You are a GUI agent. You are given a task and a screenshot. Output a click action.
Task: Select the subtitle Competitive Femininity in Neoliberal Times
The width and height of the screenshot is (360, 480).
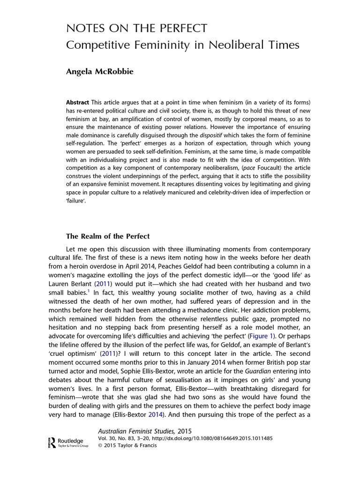(182, 45)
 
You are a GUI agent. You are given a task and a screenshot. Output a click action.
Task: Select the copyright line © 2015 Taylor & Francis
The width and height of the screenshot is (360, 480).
(127, 445)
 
